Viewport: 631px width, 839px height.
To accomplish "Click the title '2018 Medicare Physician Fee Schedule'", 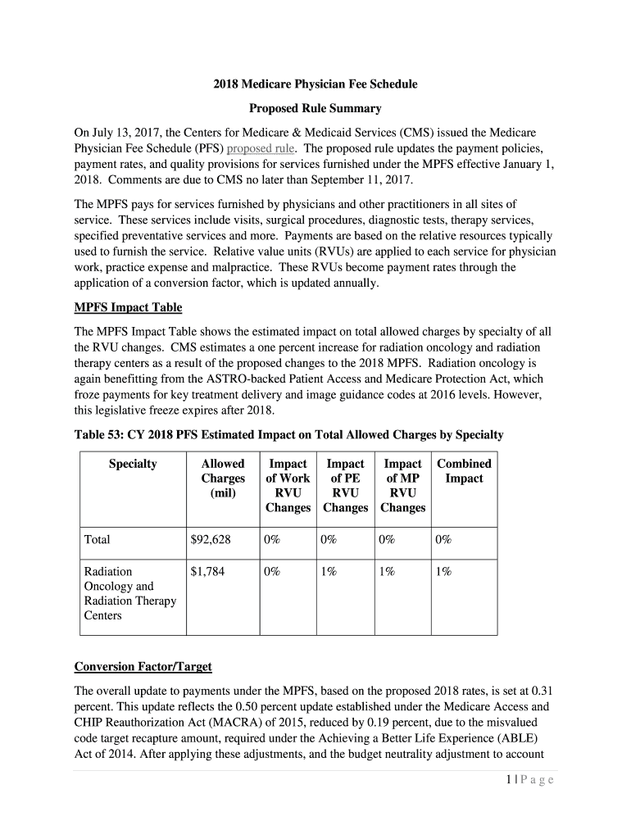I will point(315,84).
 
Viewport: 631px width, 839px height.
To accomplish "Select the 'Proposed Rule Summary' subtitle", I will point(315,109).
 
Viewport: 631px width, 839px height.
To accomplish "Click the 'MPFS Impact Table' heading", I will point(128,307).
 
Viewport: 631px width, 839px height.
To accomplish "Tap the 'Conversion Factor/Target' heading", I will point(143,666).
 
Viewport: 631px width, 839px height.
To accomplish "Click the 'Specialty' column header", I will point(133,465).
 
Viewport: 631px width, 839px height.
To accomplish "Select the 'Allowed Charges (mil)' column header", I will point(223,478).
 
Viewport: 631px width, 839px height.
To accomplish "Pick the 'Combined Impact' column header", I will point(464,471).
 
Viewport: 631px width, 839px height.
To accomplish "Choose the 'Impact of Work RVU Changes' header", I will point(288,486).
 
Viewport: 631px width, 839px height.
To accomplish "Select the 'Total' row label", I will point(98,540).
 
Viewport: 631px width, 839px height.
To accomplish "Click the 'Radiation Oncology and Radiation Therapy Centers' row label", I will point(130,593).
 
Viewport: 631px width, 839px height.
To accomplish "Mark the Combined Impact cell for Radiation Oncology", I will point(443,572).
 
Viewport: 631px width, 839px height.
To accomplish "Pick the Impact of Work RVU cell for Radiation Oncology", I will point(272,572).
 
